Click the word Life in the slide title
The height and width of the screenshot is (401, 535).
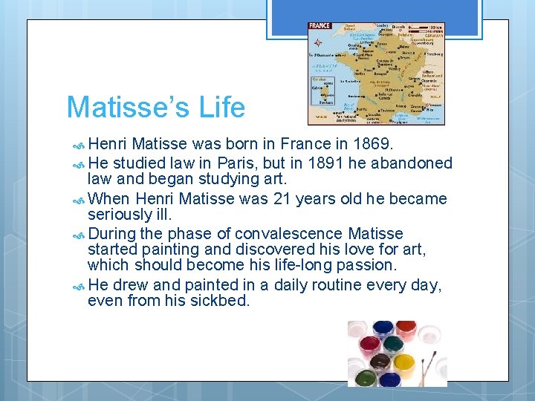tap(221, 108)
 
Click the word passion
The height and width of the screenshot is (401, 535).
tap(369, 264)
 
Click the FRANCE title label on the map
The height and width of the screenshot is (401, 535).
tap(320, 26)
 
